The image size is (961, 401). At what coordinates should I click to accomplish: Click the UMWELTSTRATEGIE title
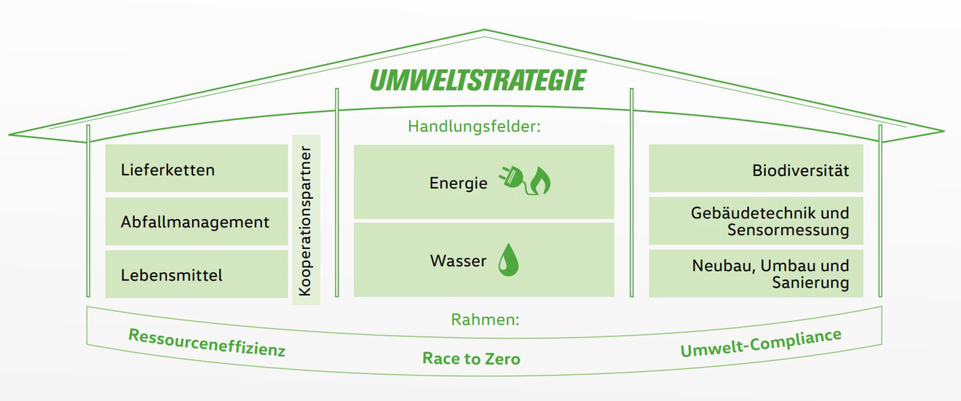tap(478, 80)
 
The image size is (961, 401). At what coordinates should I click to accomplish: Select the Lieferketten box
tap(197, 169)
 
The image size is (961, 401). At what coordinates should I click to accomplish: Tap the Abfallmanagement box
tap(197, 222)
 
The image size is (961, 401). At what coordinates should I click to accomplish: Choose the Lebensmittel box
tap(197, 274)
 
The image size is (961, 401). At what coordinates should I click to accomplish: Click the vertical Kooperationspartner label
tap(306, 221)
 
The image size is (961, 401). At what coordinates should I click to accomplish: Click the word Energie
tap(458, 183)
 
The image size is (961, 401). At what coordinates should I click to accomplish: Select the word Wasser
tap(458, 261)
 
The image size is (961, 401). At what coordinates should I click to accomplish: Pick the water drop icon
tap(508, 261)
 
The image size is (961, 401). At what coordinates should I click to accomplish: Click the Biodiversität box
tap(756, 169)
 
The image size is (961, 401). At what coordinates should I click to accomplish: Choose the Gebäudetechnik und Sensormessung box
tap(756, 221)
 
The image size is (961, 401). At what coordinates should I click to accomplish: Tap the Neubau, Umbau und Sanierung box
tap(756, 274)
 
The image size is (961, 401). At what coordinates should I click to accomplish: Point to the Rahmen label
tap(485, 319)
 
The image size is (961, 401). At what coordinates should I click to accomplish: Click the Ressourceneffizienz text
tap(207, 343)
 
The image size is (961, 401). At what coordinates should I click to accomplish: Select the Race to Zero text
tap(471, 358)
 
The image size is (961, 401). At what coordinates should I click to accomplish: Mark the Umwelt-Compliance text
tap(760, 344)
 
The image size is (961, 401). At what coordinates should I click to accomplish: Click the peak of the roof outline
tap(484, 31)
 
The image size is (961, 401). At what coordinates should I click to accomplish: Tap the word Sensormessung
tap(788, 231)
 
